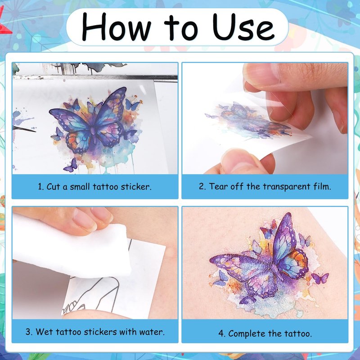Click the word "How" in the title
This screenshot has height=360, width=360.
point(117,27)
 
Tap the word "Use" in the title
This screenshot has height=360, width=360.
point(243,27)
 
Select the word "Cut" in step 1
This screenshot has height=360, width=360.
point(53,186)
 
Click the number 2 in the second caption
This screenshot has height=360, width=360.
point(202,186)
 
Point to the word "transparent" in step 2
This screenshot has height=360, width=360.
point(287,186)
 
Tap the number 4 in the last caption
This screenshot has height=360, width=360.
point(221,333)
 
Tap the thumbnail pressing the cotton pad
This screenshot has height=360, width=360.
point(85,220)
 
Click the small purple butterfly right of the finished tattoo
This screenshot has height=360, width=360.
point(320,278)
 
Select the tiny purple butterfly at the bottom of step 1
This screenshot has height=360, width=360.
point(71,166)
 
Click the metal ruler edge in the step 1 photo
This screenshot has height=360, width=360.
point(95,77)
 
